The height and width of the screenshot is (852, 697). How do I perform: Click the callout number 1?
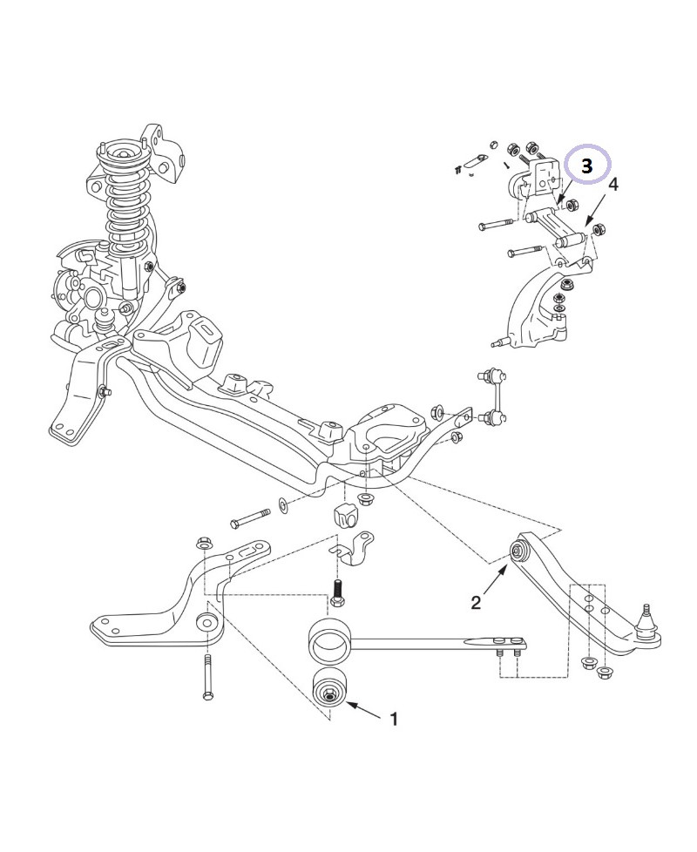[394, 720]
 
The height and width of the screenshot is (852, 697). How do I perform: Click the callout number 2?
[476, 602]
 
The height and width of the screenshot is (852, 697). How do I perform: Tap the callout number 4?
[613, 185]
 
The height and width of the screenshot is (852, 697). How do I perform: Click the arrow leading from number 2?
[494, 581]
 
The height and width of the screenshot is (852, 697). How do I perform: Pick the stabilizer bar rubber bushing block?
[346, 513]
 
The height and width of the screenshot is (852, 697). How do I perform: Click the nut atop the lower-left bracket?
[206, 542]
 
